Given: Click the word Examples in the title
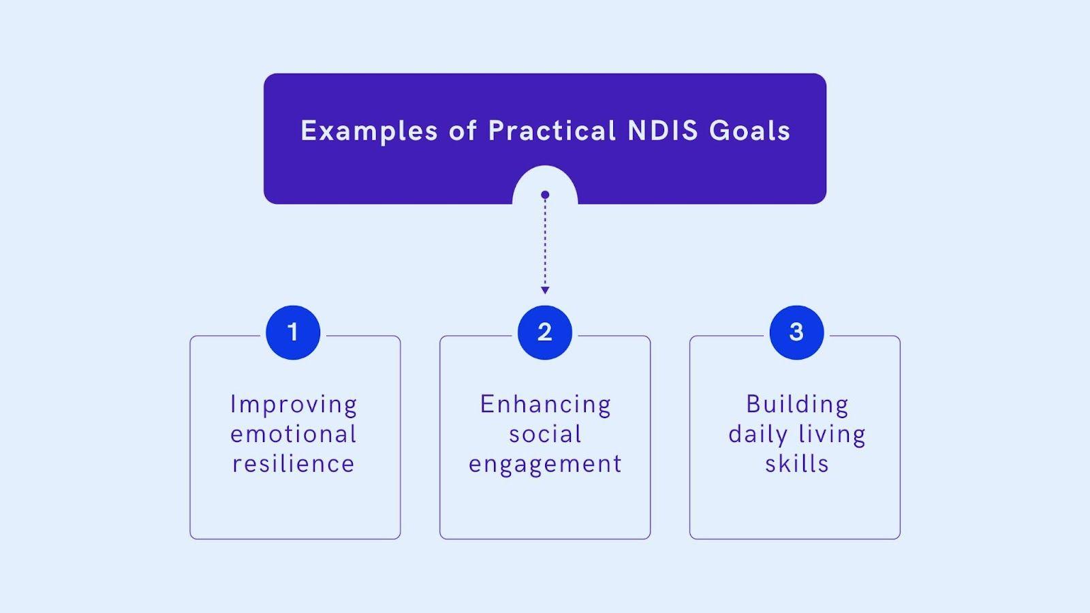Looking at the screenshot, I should (369, 131).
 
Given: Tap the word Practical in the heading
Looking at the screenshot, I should (552, 131).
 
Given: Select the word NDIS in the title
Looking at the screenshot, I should (662, 131).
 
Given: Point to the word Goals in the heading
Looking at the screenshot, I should (749, 131).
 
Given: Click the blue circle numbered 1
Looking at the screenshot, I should (293, 332).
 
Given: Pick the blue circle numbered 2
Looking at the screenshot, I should (544, 332).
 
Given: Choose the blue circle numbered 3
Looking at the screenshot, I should (796, 332).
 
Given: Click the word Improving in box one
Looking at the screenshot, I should (294, 405).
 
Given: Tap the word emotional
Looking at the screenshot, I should (294, 434).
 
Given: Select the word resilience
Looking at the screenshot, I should (294, 464).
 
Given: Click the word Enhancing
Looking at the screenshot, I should (545, 405).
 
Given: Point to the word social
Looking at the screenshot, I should (545, 434).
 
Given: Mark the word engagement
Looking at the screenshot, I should (545, 465).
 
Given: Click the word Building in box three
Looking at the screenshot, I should (797, 405).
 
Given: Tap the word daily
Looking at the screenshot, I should (758, 435).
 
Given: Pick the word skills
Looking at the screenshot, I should (796, 464).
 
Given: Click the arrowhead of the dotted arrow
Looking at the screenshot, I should (545, 290).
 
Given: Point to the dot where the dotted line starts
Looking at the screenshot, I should (545, 195).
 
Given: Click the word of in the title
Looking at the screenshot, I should (463, 131).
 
